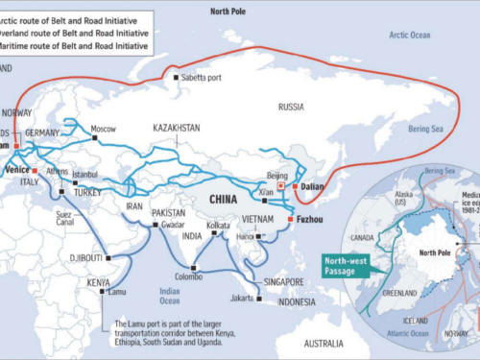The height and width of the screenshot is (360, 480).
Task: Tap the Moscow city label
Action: tap(103, 129)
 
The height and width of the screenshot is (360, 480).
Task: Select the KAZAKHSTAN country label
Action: tap(177, 127)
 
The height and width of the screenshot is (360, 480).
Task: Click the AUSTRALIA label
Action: tap(330, 343)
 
